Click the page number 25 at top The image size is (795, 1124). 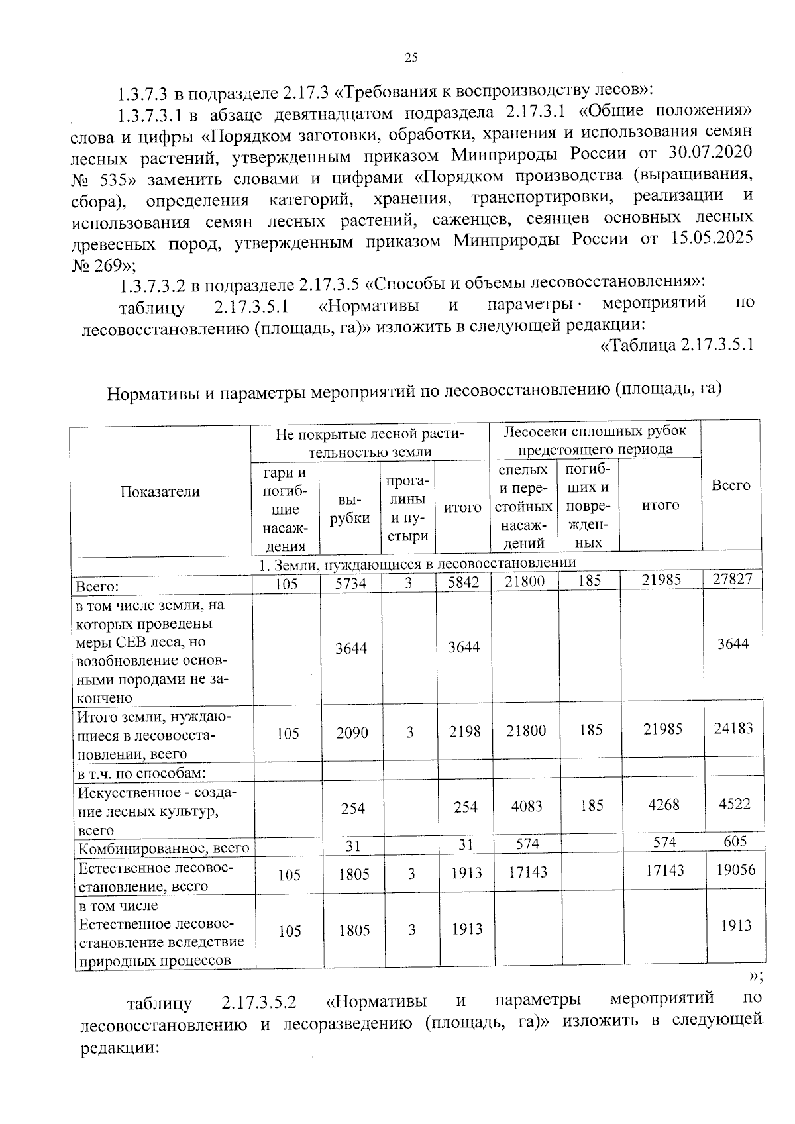[411, 58]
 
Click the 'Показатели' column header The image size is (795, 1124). [160, 491]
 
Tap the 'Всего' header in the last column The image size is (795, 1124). [731, 485]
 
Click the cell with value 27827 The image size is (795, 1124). [732, 580]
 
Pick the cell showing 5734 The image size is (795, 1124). [350, 583]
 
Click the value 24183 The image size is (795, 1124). [733, 728]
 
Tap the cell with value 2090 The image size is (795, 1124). [352, 733]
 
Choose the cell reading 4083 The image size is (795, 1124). [526, 806]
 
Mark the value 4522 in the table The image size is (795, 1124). [734, 803]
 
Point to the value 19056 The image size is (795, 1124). [735, 870]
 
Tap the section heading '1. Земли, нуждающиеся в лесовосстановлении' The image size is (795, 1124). [417, 563]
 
